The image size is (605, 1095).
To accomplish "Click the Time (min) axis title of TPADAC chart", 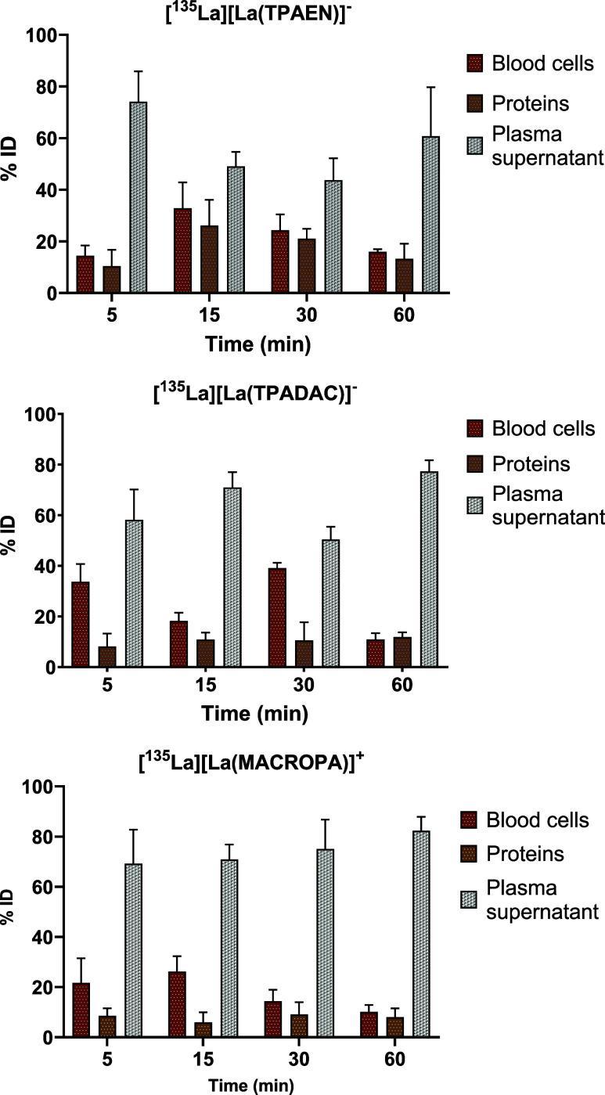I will [x=254, y=714].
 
